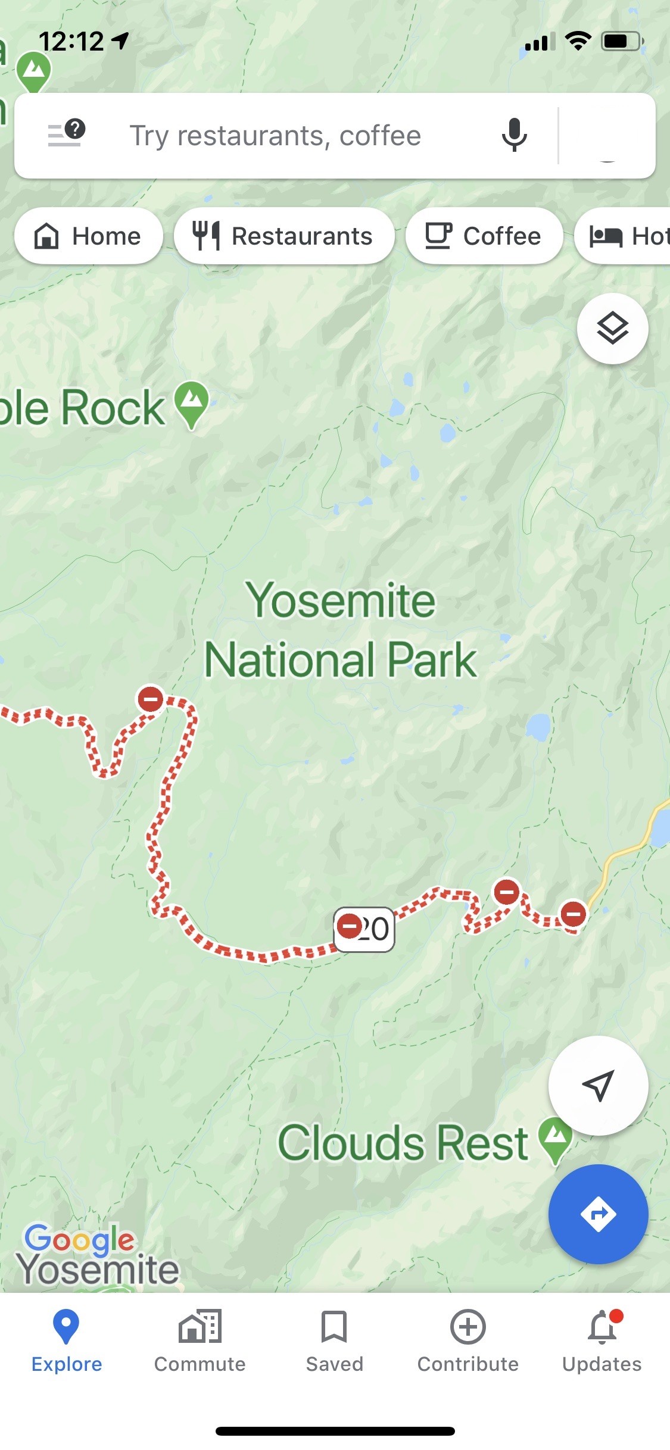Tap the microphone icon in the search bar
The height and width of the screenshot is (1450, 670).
tap(514, 135)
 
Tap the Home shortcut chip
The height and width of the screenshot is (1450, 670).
tap(88, 236)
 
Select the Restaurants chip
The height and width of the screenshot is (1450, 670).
tap(283, 236)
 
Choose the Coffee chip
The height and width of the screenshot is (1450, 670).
tap(484, 236)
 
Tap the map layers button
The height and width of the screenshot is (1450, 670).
tap(612, 329)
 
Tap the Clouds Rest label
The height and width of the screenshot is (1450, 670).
tap(403, 1143)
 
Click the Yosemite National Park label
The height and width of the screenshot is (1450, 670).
tap(341, 630)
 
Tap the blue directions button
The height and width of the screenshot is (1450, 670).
tap(598, 1214)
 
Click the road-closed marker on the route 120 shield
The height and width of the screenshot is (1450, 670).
tap(350, 926)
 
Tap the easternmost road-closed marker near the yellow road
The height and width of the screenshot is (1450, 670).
tap(574, 913)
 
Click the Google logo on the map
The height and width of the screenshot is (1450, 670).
tap(80, 1239)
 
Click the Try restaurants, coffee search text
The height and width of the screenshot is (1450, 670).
tap(275, 136)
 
